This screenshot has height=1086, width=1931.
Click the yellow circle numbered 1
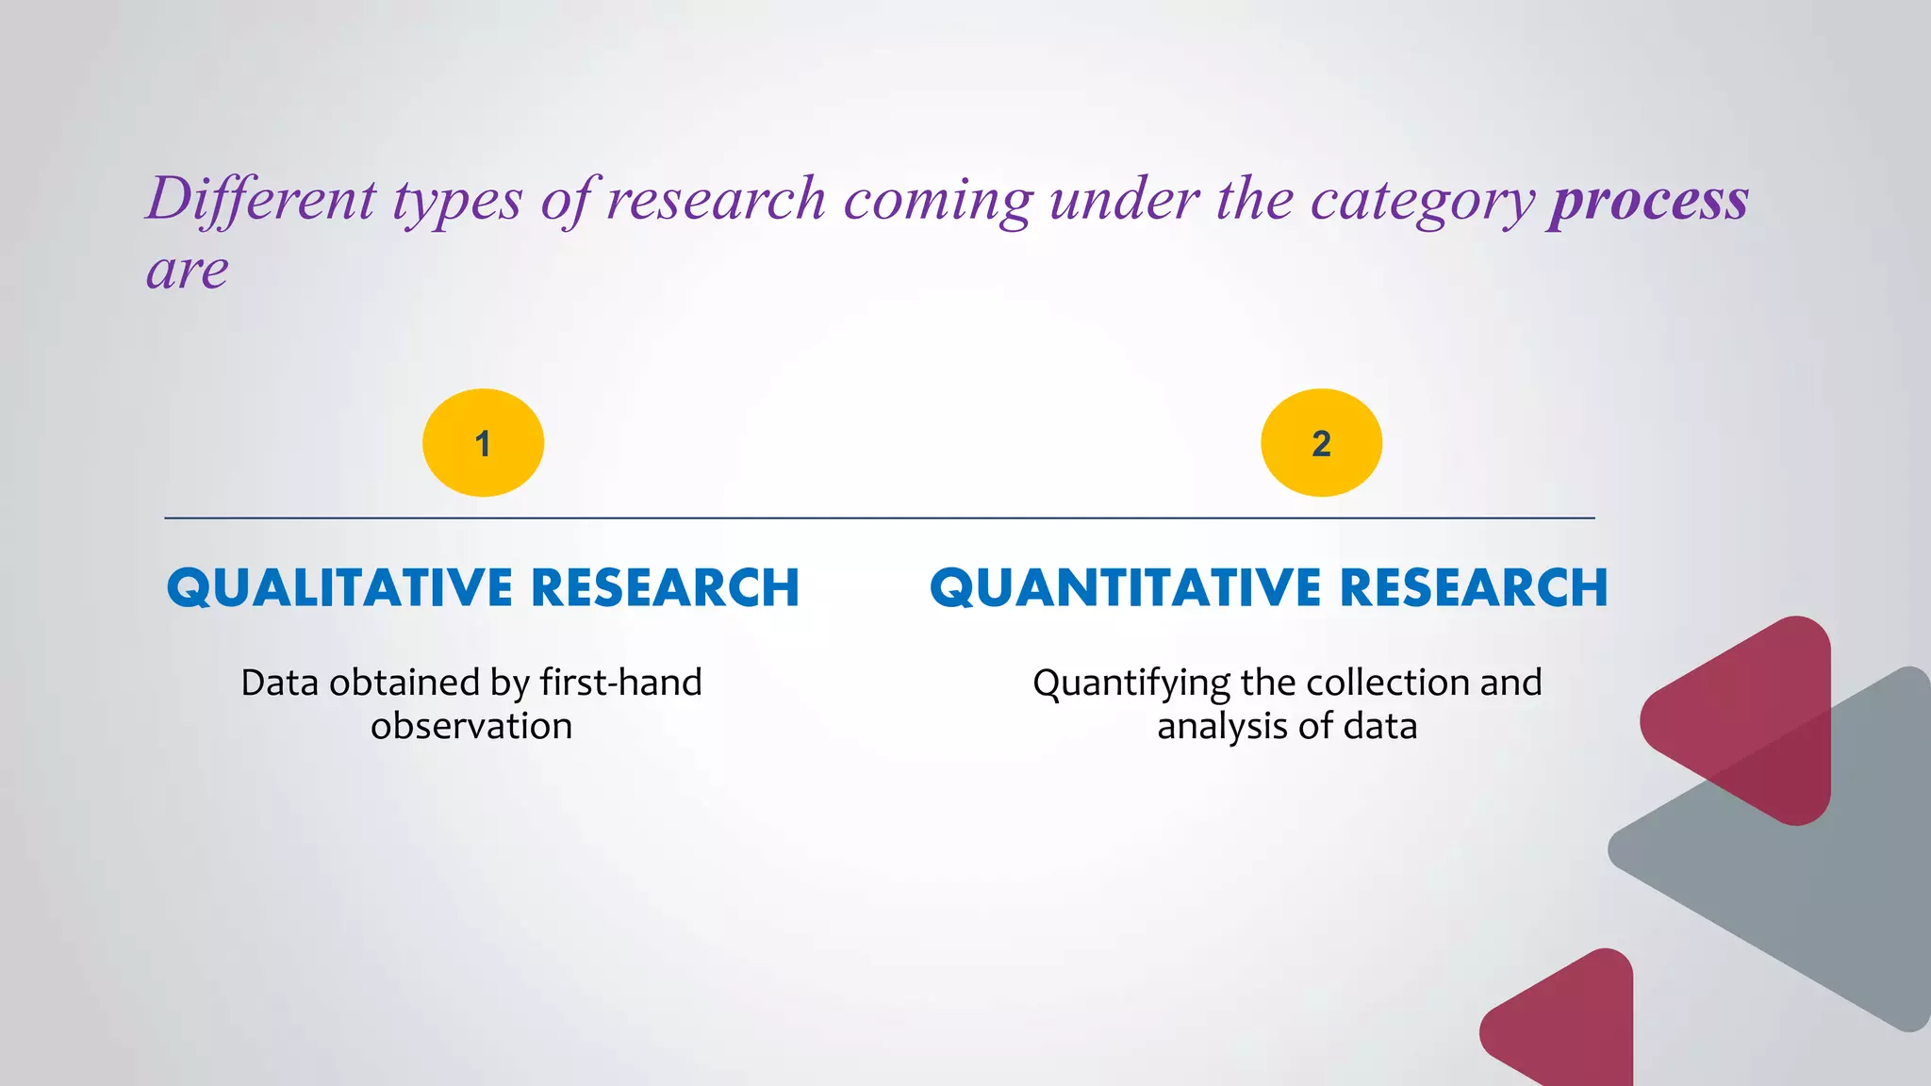483,443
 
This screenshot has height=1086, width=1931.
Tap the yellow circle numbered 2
1321,443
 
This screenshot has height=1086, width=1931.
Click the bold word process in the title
1649,200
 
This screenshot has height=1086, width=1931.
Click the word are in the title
188,271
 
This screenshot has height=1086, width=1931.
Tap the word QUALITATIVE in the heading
340,588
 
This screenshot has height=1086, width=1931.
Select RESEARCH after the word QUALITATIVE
666,588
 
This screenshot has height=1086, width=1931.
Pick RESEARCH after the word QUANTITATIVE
1474,588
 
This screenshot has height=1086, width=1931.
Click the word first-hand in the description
620,683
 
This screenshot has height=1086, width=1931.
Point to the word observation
471,727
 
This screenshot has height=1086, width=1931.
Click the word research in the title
716,200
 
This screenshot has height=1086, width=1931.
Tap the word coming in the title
938,202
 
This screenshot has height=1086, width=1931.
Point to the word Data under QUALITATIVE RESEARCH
280,683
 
